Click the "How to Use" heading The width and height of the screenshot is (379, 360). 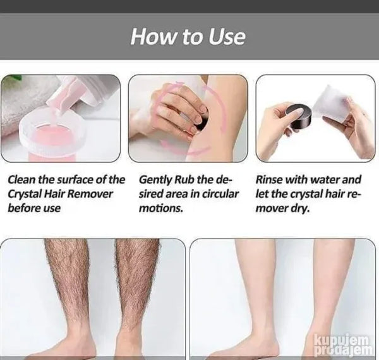coord(188,37)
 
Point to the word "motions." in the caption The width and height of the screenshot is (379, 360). coord(160,208)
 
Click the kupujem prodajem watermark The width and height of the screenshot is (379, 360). coord(343,345)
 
